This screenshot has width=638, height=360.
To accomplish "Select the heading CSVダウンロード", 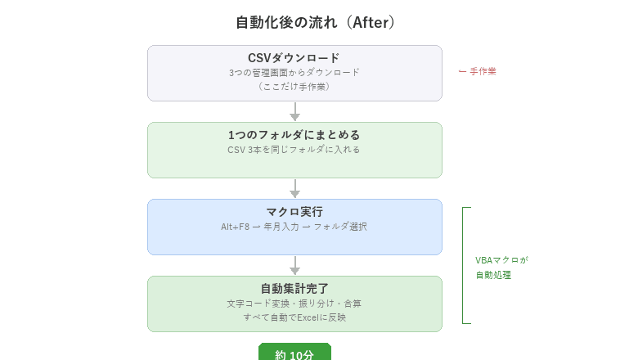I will tap(294, 58).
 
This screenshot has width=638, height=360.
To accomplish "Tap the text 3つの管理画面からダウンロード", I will tap(294, 72).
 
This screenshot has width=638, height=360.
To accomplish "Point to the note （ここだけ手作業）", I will tap(294, 86).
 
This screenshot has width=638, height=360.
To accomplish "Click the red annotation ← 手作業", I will tap(477, 71).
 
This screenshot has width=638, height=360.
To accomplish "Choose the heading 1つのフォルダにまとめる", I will tap(294, 135).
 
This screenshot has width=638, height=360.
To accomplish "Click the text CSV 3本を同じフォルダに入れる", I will tap(294, 150).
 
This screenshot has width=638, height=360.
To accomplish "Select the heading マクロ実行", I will tap(294, 212).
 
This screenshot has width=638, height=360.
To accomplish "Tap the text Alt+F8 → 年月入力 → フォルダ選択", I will tap(294, 227).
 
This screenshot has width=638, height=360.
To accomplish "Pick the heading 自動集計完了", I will tap(294, 289).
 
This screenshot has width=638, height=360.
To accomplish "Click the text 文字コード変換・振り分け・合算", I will tap(294, 303).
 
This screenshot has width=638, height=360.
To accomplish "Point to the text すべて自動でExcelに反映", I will tap(294, 317).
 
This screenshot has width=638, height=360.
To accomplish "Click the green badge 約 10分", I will tap(294, 353).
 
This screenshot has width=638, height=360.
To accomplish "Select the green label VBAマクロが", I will tap(501, 260).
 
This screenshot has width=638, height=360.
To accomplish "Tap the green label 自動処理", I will tap(493, 275).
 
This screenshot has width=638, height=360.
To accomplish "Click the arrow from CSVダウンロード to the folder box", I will tap(294, 112).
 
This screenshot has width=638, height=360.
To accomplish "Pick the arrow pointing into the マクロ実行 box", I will tap(294, 189).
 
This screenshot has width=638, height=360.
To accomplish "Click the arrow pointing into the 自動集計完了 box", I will tap(294, 266).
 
